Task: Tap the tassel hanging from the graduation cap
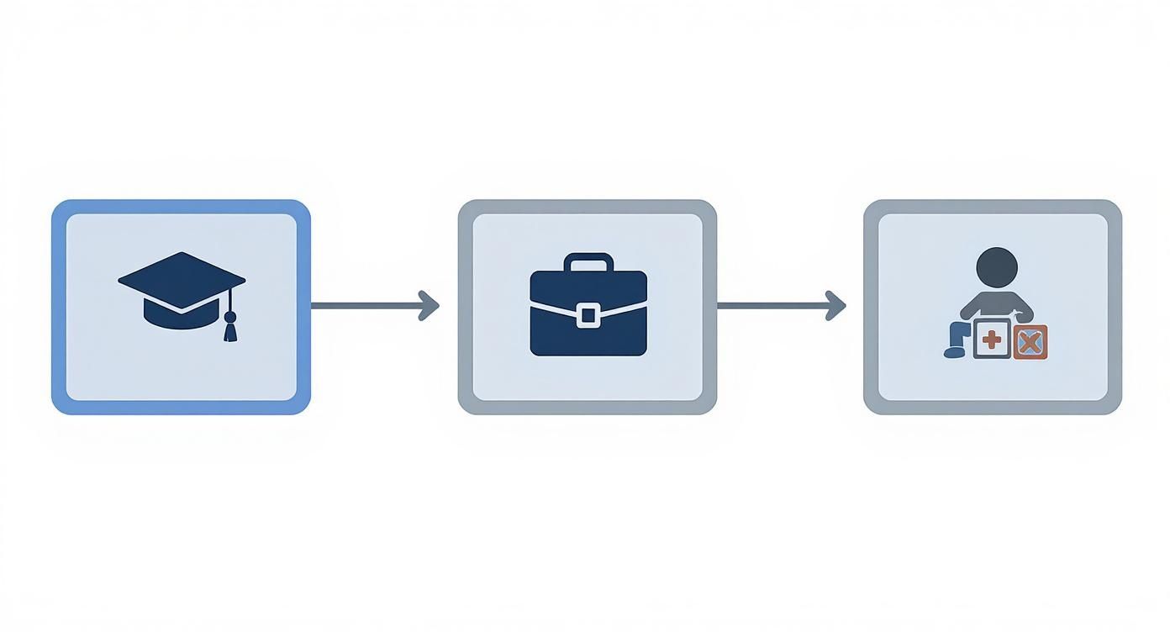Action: (229, 327)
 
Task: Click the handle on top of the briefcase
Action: (588, 260)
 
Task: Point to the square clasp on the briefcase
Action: (588, 316)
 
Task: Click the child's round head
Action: (997, 267)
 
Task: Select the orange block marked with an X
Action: (1030, 342)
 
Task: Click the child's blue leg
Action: (956, 341)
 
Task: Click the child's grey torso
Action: (997, 303)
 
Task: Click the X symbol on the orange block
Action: (1030, 342)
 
